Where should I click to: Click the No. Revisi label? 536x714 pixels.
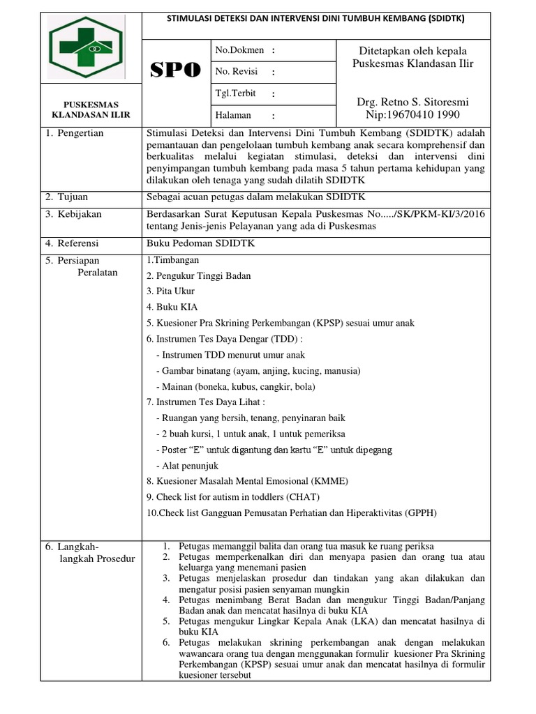pyautogui.click(x=237, y=72)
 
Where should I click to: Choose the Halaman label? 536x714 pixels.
pyautogui.click(x=233, y=115)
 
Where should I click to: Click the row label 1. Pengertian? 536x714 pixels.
pyautogui.click(x=75, y=133)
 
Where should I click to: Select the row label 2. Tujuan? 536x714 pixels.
pyautogui.click(x=68, y=197)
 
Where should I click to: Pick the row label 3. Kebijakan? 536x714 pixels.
pyautogui.click(x=73, y=214)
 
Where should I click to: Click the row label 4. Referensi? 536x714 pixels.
pyautogui.click(x=73, y=243)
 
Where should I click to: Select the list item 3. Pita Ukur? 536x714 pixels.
pyautogui.click(x=171, y=291)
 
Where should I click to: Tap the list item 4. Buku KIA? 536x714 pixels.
pyautogui.click(x=171, y=306)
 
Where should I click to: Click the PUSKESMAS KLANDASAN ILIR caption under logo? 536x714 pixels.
pyautogui.click(x=88, y=109)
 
